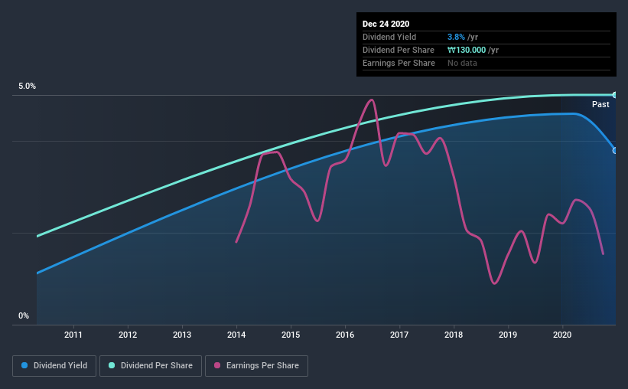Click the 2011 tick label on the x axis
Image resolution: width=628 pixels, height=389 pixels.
pyautogui.click(x=73, y=335)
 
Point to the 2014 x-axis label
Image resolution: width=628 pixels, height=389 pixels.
pyautogui.click(x=236, y=335)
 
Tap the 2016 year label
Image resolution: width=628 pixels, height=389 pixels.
pyautogui.click(x=345, y=335)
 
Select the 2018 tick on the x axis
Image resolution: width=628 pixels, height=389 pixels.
pyautogui.click(x=454, y=335)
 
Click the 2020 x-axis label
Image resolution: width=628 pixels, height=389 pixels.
pyautogui.click(x=562, y=335)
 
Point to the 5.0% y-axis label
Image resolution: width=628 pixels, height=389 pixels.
pyautogui.click(x=27, y=87)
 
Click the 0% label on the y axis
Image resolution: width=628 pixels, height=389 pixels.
pyautogui.click(x=24, y=315)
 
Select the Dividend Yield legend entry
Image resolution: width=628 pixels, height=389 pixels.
pyautogui.click(x=55, y=366)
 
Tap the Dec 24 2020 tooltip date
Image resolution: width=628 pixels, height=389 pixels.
pyautogui.click(x=386, y=24)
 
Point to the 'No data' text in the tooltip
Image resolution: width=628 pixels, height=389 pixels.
pyautogui.click(x=463, y=63)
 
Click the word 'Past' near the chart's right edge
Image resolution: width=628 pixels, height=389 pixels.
pyautogui.click(x=600, y=104)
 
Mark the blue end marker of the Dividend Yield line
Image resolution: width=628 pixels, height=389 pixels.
pyautogui.click(x=615, y=150)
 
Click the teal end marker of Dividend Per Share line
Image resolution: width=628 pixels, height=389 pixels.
pyautogui.click(x=615, y=95)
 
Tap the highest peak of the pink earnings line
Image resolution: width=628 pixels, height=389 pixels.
pyautogui.click(x=371, y=100)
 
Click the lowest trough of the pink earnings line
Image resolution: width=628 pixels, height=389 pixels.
pyautogui.click(x=495, y=283)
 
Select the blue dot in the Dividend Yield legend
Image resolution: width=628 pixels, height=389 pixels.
pyautogui.click(x=24, y=366)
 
